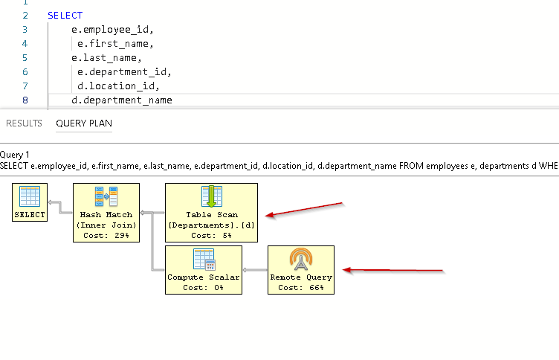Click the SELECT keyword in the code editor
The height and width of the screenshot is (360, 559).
tap(65, 15)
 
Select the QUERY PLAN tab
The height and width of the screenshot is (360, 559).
tap(84, 123)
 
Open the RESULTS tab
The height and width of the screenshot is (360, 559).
tap(24, 123)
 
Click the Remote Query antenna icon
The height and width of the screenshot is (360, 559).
tap(301, 260)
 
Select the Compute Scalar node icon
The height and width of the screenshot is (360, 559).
tap(204, 260)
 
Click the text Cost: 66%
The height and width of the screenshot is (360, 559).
tap(301, 287)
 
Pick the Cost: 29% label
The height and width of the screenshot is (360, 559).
tap(106, 235)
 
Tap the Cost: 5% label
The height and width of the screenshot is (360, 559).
tap(211, 235)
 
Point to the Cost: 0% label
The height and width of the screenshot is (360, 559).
tap(204, 287)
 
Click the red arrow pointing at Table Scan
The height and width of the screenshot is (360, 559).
tap(305, 209)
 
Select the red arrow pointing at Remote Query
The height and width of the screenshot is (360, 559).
tap(394, 270)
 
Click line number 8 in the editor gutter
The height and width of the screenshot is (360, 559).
tap(25, 100)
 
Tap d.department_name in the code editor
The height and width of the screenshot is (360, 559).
tap(121, 100)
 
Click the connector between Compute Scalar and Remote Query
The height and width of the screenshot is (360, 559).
tap(255, 270)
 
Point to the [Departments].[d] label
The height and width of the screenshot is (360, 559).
tap(211, 225)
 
